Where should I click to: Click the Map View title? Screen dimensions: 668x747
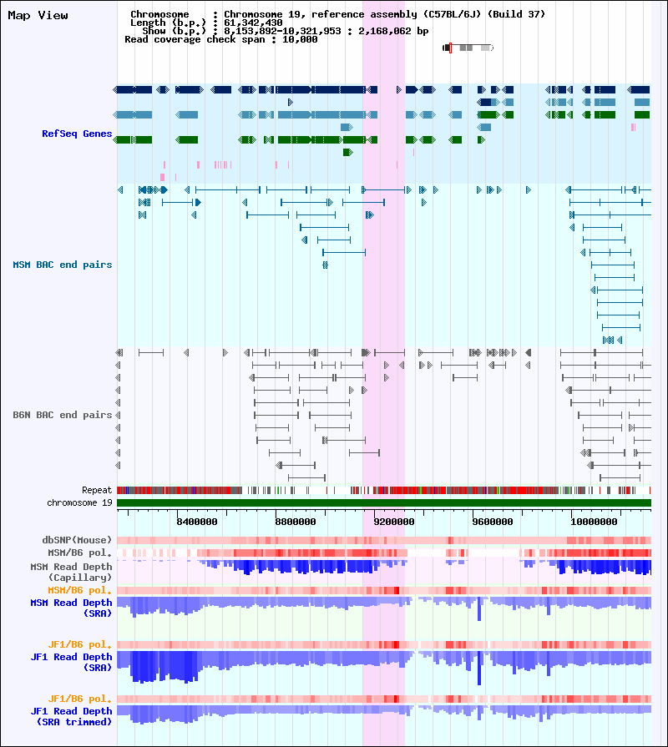click(x=38, y=16)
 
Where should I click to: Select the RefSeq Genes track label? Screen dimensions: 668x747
click(x=77, y=134)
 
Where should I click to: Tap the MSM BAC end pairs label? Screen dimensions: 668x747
click(x=63, y=265)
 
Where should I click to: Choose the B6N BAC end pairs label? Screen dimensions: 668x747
click(x=63, y=415)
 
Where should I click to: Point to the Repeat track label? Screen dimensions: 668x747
click(x=97, y=490)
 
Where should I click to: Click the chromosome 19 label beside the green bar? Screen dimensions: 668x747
click(x=79, y=502)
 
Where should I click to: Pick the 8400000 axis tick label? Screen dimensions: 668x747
click(x=197, y=522)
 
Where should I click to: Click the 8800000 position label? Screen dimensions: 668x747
click(x=296, y=522)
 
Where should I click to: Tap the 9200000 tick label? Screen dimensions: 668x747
click(x=394, y=522)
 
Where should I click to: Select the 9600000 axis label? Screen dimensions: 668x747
click(x=493, y=522)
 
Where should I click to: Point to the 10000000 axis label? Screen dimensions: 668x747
click(x=595, y=522)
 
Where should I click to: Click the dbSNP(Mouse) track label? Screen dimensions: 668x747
click(x=77, y=540)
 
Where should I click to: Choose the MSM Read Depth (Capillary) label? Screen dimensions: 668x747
click(x=71, y=573)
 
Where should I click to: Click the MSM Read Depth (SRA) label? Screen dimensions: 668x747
click(x=71, y=608)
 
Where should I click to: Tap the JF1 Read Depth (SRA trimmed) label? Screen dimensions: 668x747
click(x=71, y=716)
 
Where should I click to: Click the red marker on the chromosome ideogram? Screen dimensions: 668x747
click(x=450, y=48)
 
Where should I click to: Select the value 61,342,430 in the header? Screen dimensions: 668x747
click(x=253, y=23)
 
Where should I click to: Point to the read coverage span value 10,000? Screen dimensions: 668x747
click(x=300, y=39)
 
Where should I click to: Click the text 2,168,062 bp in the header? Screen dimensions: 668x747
click(x=393, y=32)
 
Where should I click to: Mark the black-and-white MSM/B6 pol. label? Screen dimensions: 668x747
click(x=79, y=553)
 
